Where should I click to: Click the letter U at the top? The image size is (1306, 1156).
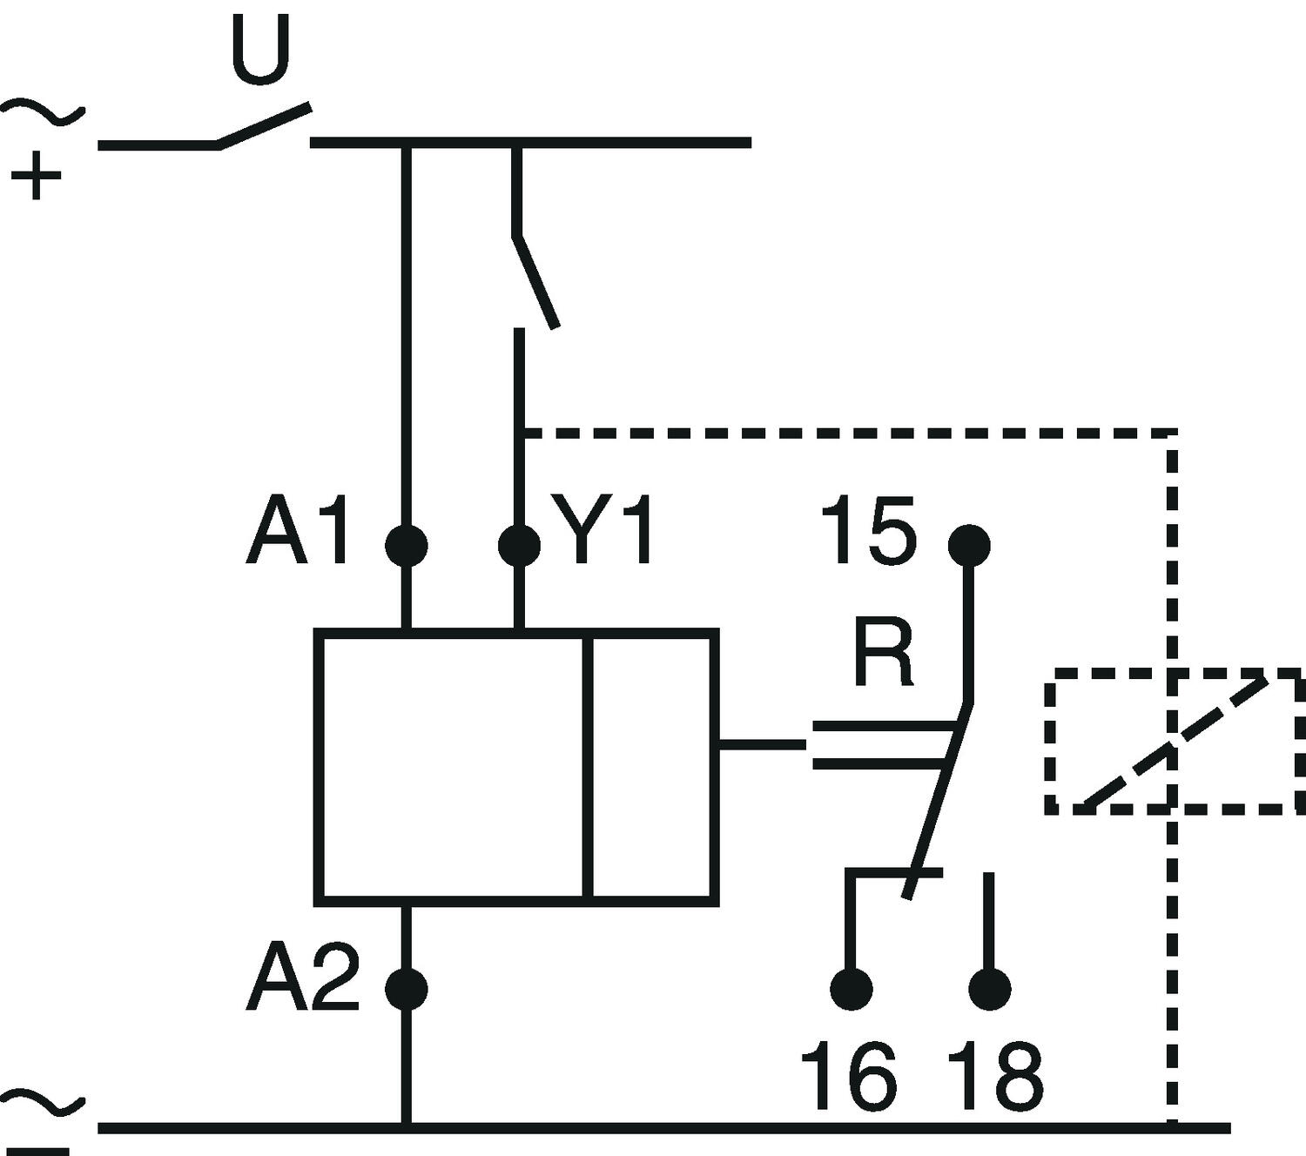pos(260,49)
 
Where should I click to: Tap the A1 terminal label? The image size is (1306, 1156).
pos(298,532)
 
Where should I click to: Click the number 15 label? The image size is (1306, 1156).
pos(869,531)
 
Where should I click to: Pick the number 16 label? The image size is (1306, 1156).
pos(848,1077)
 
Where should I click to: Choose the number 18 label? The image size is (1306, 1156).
pos(994,1077)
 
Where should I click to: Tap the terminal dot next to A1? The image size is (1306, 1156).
pos(407,546)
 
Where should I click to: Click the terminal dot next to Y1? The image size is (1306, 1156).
pos(519,546)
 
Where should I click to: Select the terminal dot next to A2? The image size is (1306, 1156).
pos(407,989)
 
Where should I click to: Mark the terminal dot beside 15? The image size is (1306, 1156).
pos(968,546)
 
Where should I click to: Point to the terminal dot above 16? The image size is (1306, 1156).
pos(851,989)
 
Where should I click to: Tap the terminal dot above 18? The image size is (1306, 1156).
pos(990,989)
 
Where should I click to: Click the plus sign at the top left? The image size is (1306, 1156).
pos(36,176)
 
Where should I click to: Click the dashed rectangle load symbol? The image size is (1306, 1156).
pos(1175,742)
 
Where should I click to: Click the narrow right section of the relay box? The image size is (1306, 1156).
pos(654,767)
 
